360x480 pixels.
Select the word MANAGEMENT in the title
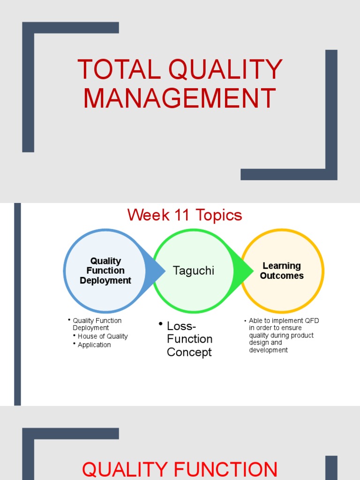(180, 98)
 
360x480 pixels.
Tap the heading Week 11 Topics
(185, 215)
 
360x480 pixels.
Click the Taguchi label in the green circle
(193, 270)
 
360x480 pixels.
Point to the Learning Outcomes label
(282, 271)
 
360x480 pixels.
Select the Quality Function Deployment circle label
(105, 270)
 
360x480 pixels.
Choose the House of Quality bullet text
(103, 336)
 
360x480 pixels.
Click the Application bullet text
(94, 345)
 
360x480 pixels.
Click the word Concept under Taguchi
(189, 352)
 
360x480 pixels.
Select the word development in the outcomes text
(269, 350)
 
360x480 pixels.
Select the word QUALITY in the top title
(225, 69)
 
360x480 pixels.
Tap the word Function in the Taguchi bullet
(189, 339)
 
